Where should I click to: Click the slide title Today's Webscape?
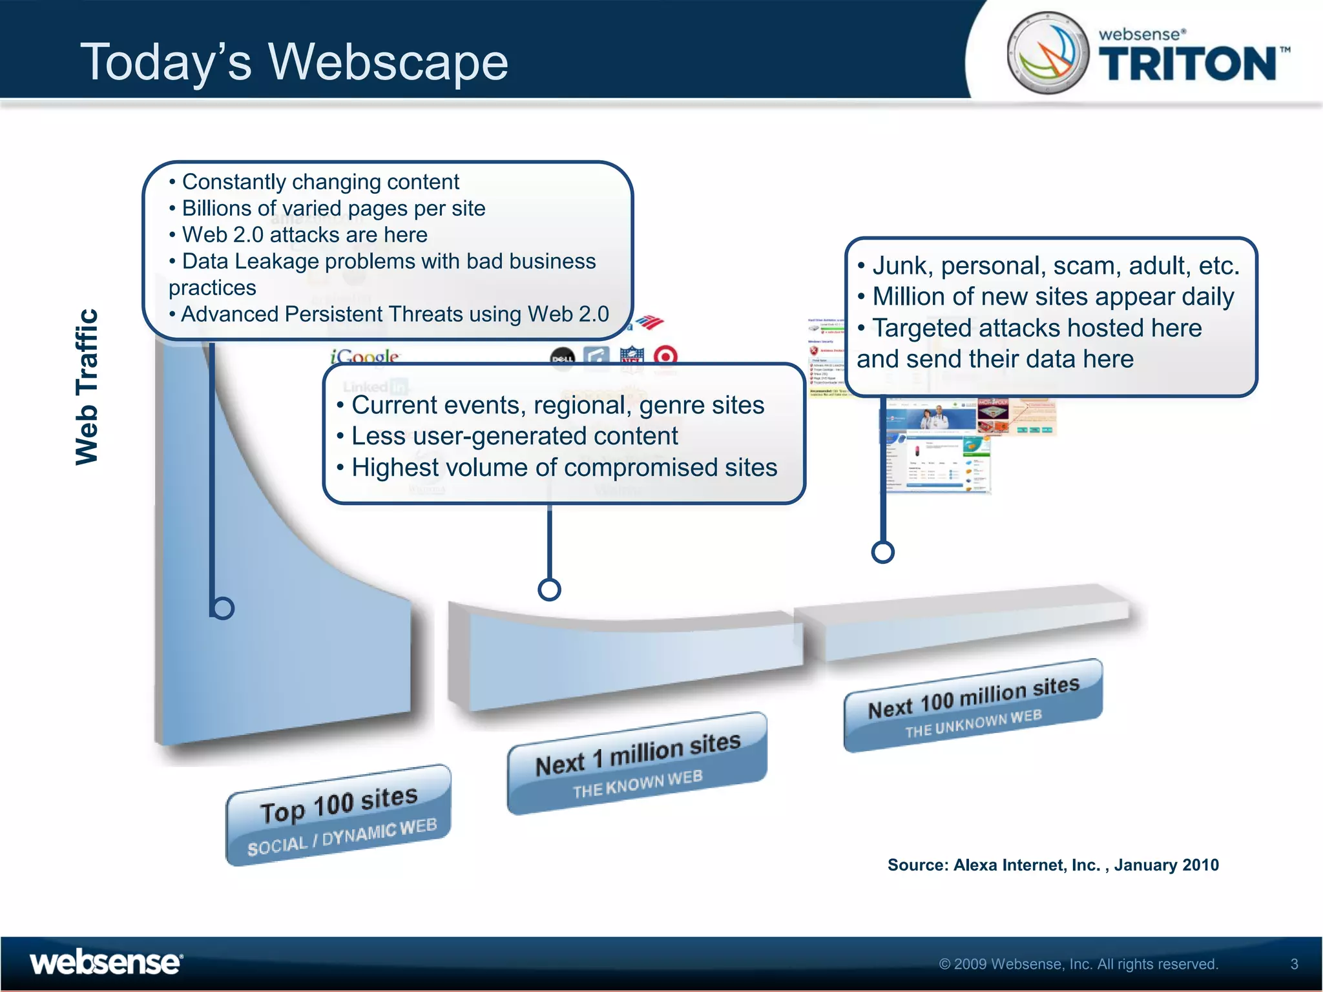pos(294,62)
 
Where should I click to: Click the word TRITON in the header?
pos(1187,64)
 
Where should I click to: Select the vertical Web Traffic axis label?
pos(87,387)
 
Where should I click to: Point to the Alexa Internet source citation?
pos(1052,865)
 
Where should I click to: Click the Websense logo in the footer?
pos(106,963)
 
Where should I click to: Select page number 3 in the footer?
pos(1294,964)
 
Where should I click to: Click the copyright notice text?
pos(1078,964)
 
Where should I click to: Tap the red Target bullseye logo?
pos(665,356)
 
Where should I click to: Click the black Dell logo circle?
pos(561,358)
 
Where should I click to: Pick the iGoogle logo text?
pos(364,356)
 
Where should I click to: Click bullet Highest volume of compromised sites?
pos(563,468)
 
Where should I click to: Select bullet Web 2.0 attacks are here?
pos(304,234)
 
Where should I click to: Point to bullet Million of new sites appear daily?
pos(1052,297)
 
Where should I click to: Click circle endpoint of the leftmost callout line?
pos(223,608)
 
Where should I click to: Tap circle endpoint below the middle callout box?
pos(549,589)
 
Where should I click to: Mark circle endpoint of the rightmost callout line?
pos(882,552)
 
